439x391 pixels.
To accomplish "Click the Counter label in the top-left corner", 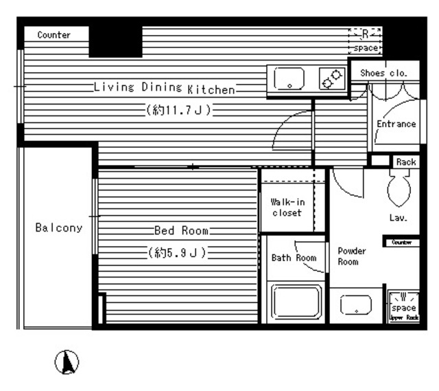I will pyautogui.click(x=54, y=35).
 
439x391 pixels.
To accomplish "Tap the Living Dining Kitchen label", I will pyautogui.click(x=165, y=88).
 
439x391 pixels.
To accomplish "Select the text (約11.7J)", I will pyautogui.click(x=178, y=110).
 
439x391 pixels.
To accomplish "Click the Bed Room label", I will pyautogui.click(x=181, y=230).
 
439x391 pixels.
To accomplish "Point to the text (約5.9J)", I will pyautogui.click(x=177, y=253).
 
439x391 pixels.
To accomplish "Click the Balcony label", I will pyautogui.click(x=59, y=227).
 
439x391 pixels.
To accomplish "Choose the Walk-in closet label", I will pyautogui.click(x=286, y=207).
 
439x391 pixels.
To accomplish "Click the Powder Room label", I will pyautogui.click(x=352, y=256).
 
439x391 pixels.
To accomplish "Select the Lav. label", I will pyautogui.click(x=399, y=218).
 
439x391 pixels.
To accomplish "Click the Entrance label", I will pyautogui.click(x=396, y=124).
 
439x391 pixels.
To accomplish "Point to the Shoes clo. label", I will pyautogui.click(x=383, y=71).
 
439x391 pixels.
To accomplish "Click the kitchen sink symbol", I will pyautogui.click(x=289, y=80).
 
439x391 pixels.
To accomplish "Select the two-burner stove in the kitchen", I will pyautogui.click(x=333, y=80).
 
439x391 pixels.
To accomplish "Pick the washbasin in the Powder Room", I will pyautogui.click(x=356, y=304).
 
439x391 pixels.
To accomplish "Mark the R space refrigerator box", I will pyautogui.click(x=365, y=41).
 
